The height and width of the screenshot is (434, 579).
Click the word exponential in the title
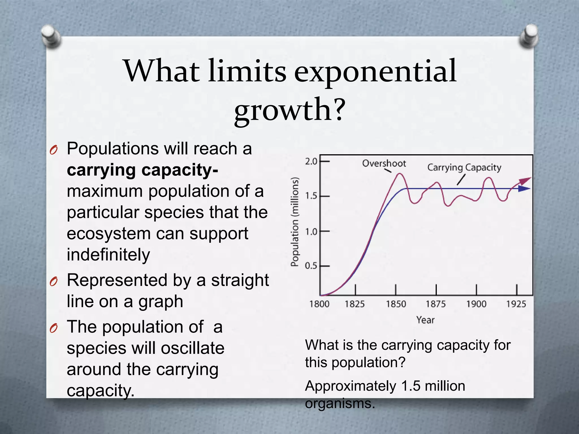(375, 71)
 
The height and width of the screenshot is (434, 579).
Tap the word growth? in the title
(290, 110)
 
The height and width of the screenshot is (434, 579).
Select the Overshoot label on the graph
(384, 163)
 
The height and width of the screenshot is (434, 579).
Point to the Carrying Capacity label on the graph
(464, 167)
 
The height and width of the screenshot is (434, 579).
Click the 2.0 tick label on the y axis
(311, 162)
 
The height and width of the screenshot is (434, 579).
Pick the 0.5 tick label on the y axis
(311, 266)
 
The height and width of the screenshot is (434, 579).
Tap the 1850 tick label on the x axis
(396, 304)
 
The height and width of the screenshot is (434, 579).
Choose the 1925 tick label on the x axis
(516, 304)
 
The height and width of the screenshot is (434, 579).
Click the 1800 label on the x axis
(319, 304)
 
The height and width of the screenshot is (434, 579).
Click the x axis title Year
(425, 320)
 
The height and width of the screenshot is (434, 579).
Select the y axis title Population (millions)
(295, 222)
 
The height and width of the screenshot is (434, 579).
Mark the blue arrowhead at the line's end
(524, 188)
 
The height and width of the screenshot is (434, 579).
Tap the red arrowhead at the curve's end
(526, 180)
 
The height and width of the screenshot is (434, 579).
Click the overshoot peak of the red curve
(400, 174)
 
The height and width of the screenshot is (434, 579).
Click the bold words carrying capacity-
(142, 170)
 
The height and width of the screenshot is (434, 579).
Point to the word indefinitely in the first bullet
(108, 255)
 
